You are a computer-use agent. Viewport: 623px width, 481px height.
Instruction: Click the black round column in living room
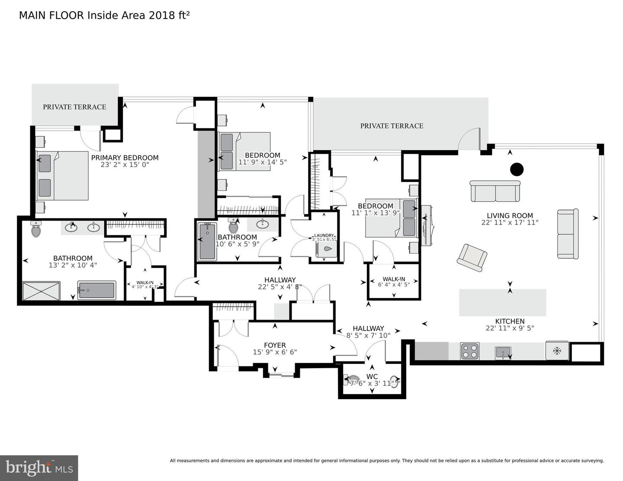(517, 169)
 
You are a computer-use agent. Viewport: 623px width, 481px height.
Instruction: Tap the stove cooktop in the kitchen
(470, 351)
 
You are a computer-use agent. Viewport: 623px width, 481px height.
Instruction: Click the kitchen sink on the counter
(503, 352)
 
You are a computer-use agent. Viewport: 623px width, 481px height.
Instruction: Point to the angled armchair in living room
(472, 258)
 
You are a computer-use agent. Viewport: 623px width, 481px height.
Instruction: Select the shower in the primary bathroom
(41, 290)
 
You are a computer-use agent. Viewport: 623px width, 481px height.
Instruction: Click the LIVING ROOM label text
(510, 215)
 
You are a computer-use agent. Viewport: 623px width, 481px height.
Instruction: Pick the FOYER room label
(275, 345)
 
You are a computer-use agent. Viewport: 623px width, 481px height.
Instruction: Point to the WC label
(372, 376)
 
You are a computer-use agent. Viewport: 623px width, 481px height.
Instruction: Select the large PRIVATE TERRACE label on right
(392, 126)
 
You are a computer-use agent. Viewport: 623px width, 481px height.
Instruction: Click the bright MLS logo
(39, 468)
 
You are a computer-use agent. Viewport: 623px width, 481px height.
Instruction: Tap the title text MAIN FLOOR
(52, 16)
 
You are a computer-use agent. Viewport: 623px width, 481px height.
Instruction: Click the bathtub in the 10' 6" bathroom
(207, 241)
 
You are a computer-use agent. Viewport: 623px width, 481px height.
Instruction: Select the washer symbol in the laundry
(327, 249)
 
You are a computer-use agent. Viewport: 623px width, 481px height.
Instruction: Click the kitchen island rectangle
(502, 302)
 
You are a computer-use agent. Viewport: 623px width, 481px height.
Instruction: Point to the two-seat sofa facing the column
(495, 191)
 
